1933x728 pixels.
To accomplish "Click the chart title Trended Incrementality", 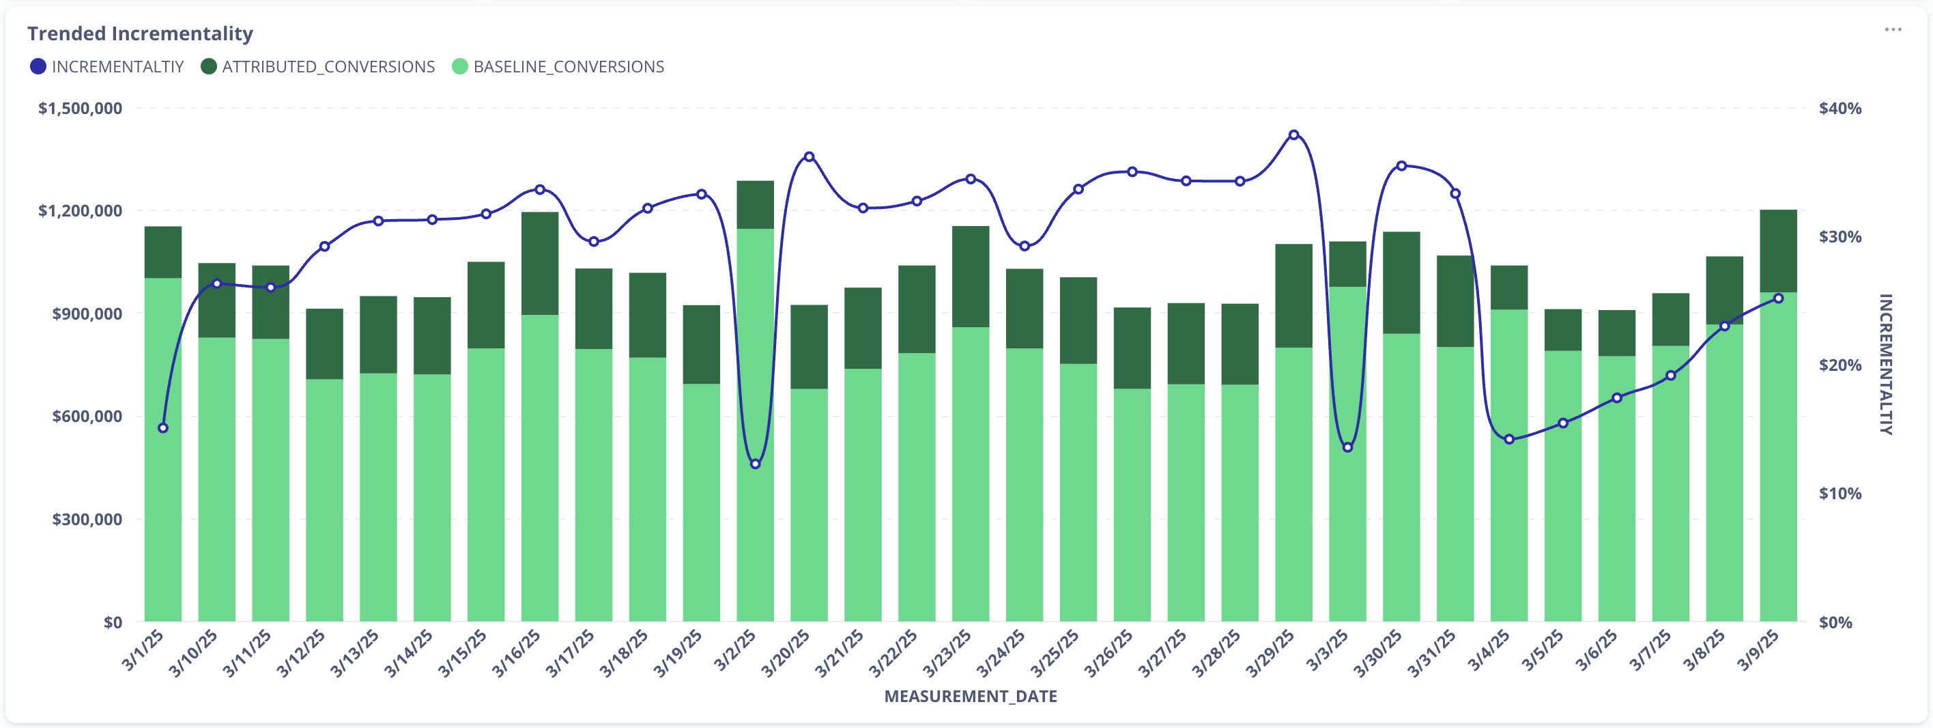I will pyautogui.click(x=141, y=33).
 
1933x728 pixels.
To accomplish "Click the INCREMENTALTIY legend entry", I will pyautogui.click(x=107, y=67).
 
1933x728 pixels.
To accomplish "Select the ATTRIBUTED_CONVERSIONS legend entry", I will pyautogui.click(x=318, y=67).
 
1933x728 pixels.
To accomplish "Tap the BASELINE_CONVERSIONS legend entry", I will pyautogui.click(x=558, y=67).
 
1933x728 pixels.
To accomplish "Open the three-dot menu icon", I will pyautogui.click(x=1893, y=30).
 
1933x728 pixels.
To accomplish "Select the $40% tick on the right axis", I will pyautogui.click(x=1840, y=109).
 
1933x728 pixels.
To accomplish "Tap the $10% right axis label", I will pyautogui.click(x=1840, y=494).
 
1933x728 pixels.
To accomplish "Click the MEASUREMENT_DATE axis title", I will pyautogui.click(x=970, y=697).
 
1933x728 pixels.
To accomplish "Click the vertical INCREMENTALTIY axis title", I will pyautogui.click(x=1886, y=364).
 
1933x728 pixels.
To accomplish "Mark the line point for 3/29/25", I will pyautogui.click(x=1293, y=135).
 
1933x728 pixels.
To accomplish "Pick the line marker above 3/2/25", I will pyautogui.click(x=756, y=464).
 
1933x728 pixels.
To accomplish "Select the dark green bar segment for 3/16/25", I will pyautogui.click(x=539, y=263).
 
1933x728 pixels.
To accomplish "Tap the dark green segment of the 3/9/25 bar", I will pyautogui.click(x=1777, y=251).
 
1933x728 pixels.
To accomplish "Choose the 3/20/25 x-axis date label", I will pyautogui.click(x=786, y=653).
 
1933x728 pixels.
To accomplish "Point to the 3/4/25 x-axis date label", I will pyautogui.click(x=1489, y=650).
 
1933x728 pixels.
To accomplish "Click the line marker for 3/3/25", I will pyautogui.click(x=1347, y=448).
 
